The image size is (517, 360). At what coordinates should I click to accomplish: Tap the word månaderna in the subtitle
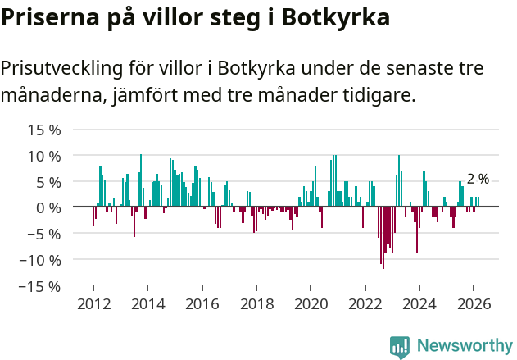pos(52,95)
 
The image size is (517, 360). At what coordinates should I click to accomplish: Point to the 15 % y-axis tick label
pos(44,130)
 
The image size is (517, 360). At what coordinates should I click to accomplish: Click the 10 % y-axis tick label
pos(44,156)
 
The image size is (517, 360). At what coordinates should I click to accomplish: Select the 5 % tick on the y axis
pos(48,181)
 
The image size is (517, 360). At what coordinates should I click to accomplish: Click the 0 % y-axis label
pos(48,207)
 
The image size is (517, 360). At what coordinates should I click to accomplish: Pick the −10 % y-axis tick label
pos(40,260)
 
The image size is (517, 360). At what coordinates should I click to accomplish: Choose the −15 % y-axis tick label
pos(40,286)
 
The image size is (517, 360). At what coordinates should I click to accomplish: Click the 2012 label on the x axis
pos(93,303)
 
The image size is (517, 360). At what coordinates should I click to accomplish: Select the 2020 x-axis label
pos(311,303)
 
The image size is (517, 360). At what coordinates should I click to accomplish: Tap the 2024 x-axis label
pos(419,303)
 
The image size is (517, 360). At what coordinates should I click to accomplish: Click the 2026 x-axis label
pos(474,303)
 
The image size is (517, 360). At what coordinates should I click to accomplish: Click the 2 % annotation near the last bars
pos(478,179)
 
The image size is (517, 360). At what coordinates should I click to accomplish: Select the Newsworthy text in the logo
pos(465,345)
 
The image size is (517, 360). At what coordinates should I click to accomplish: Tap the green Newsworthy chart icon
pos(400,346)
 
